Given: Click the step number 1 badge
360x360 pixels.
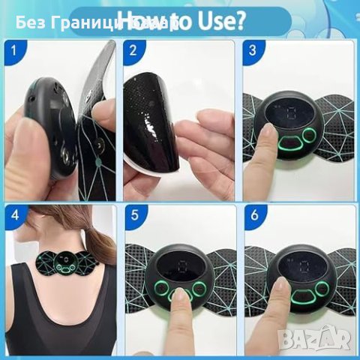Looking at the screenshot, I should (10, 52).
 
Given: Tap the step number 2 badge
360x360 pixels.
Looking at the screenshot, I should (132, 52).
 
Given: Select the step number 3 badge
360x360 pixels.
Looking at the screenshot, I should (253, 52).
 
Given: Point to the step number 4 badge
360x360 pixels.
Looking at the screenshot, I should (10, 214).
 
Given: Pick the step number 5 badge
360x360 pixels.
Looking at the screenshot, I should (132, 214).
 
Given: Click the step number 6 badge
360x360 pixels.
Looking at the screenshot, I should (253, 214).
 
